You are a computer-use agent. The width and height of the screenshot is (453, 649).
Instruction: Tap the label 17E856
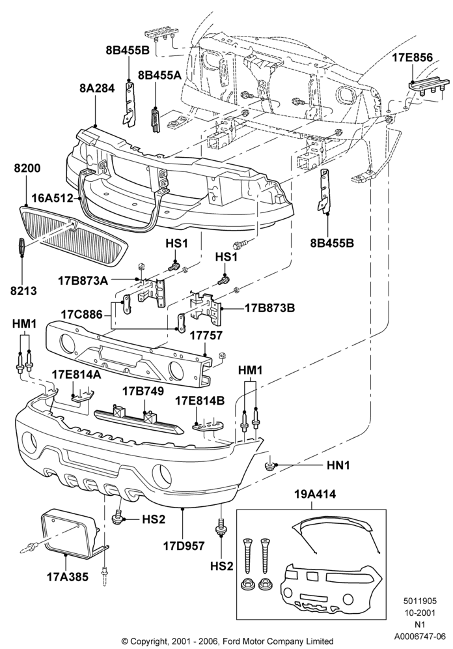[x=412, y=57]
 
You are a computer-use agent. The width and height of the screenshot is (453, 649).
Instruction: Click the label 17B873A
[x=83, y=281]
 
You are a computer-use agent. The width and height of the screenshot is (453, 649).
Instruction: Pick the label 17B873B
[x=270, y=308]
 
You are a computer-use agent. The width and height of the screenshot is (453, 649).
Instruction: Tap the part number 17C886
[x=82, y=314]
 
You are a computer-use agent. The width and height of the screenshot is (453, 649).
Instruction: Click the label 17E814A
[x=77, y=375]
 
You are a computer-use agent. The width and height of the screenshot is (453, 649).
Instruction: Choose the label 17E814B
[x=200, y=401]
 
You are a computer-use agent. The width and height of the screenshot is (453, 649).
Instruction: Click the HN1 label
[x=338, y=466]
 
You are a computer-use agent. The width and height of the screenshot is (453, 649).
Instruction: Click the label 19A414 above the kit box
[x=315, y=494]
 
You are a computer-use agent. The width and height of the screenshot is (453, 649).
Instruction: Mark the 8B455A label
[x=159, y=75]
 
